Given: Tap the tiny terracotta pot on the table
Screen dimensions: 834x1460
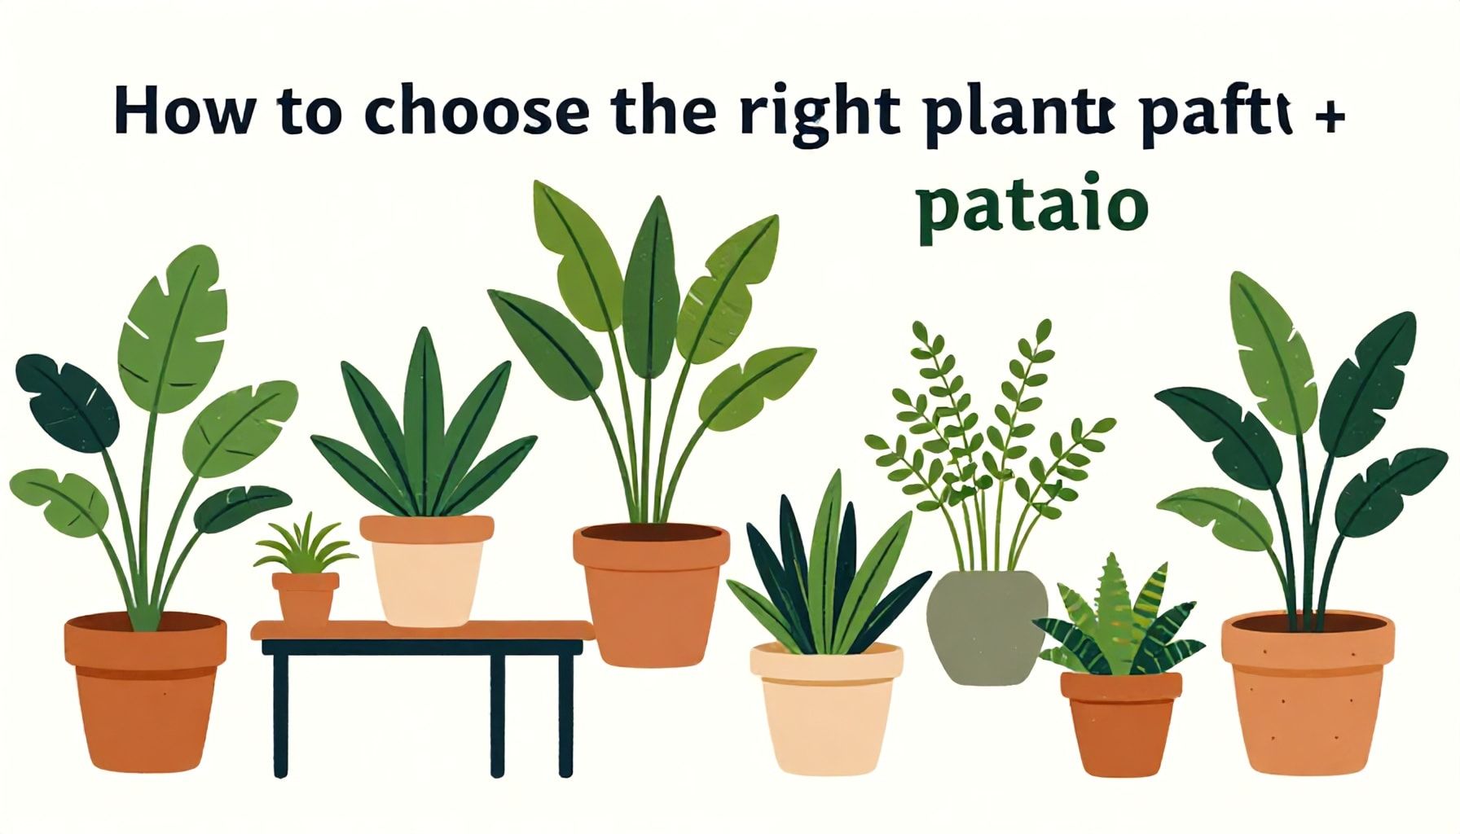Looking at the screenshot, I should coord(305,596).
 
